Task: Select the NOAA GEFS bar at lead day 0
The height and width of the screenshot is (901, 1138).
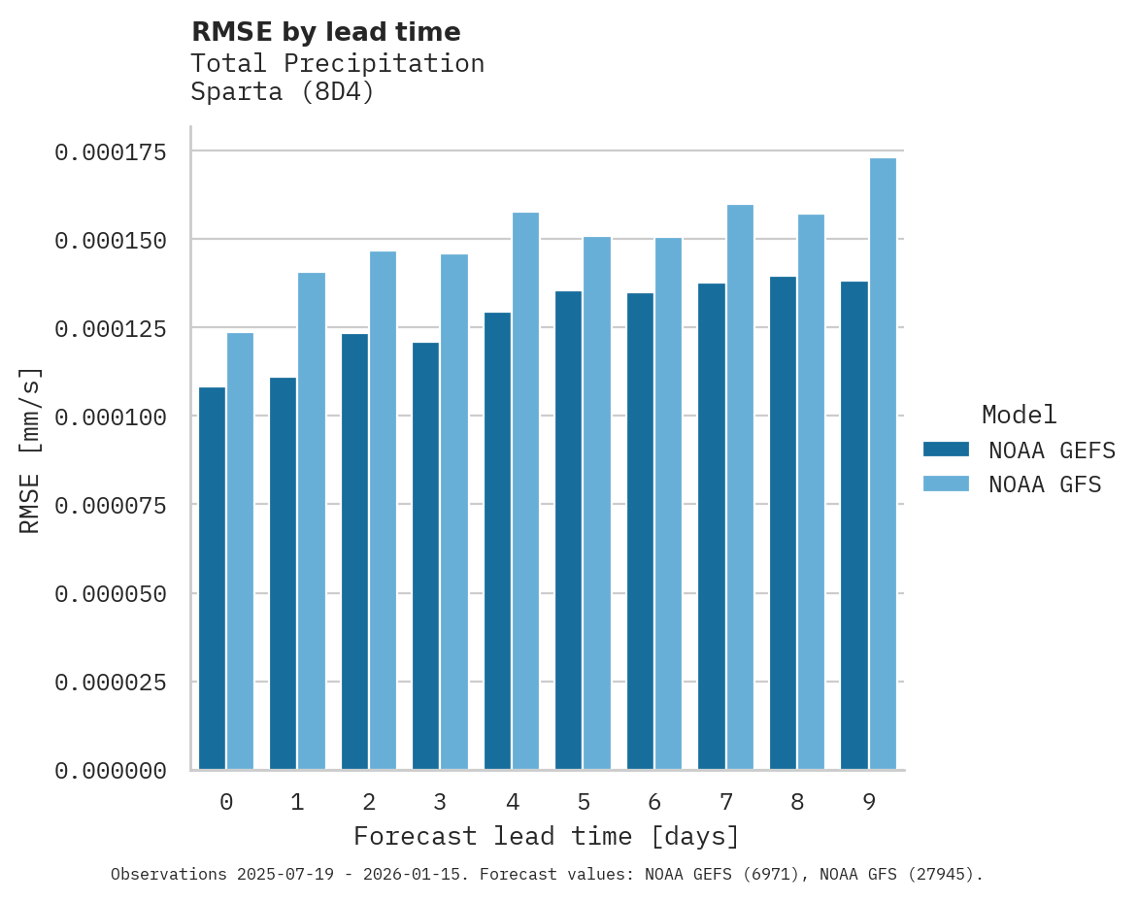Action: (212, 579)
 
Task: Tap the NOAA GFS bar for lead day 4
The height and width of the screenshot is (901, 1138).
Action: (525, 491)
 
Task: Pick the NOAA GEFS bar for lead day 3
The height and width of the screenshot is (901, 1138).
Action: (426, 556)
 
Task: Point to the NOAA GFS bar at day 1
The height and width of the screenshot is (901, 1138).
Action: (312, 521)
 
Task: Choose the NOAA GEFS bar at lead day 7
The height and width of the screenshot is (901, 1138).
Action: (712, 526)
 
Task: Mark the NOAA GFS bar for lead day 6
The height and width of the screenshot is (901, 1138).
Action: (668, 504)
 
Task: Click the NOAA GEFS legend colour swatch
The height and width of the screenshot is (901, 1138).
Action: (946, 450)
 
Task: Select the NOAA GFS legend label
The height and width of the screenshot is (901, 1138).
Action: (1045, 484)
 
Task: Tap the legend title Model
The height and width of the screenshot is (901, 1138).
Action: (1019, 415)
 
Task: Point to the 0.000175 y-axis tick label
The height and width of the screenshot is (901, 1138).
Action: (110, 151)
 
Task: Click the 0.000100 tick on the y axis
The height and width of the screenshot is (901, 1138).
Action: (110, 417)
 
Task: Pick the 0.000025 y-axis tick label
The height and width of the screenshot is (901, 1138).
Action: (110, 683)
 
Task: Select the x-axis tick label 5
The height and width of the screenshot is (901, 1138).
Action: (583, 802)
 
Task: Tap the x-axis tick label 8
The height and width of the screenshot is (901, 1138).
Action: (797, 802)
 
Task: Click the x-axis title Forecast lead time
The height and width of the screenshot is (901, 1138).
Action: (546, 836)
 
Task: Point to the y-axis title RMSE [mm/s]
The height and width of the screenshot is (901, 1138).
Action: (30, 450)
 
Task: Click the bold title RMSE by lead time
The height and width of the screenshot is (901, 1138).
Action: (325, 32)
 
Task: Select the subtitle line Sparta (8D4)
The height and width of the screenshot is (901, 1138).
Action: (282, 92)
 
